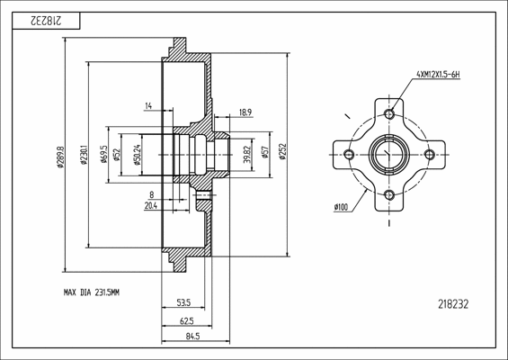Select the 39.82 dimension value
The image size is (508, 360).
(246, 155)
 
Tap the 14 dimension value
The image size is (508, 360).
(147, 107)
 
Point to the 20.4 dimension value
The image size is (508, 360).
(150, 205)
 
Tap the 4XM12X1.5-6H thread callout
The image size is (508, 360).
(438, 75)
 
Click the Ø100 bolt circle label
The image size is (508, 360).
(341, 208)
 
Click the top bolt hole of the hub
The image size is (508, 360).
(389, 114)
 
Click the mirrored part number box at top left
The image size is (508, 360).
(46, 18)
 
